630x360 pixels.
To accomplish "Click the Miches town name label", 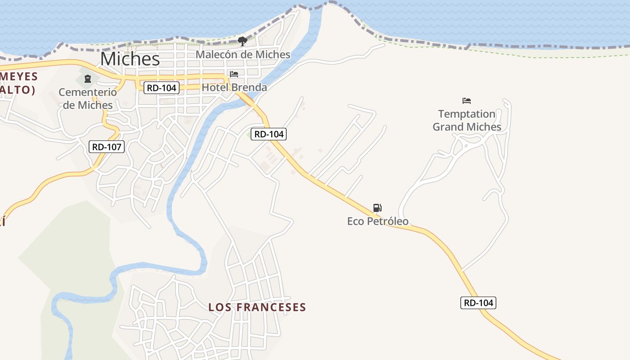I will point(130,59).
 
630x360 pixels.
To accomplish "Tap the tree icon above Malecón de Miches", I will point(243,41).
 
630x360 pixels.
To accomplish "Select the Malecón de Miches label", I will point(243,54).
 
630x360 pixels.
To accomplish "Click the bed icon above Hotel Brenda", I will point(234,74).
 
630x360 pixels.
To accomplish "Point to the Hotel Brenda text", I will point(234,87).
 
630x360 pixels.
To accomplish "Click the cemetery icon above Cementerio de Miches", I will point(88,79).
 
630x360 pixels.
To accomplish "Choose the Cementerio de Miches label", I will point(88,99).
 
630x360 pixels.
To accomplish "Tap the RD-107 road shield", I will point(107,146).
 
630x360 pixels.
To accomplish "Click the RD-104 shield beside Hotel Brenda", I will point(162,88).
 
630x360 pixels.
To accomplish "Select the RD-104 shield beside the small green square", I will point(269,134).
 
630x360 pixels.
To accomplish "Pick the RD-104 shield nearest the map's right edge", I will point(478,303).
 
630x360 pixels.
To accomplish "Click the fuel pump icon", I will point(378,207).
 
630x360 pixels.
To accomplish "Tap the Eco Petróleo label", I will point(378,221).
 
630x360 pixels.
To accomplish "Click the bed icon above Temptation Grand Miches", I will point(467,101).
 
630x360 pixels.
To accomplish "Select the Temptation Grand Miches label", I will point(467,121).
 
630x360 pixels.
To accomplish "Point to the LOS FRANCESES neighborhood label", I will point(257,307).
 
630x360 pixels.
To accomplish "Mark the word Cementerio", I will point(88,92).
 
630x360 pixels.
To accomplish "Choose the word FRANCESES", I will point(271,307).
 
